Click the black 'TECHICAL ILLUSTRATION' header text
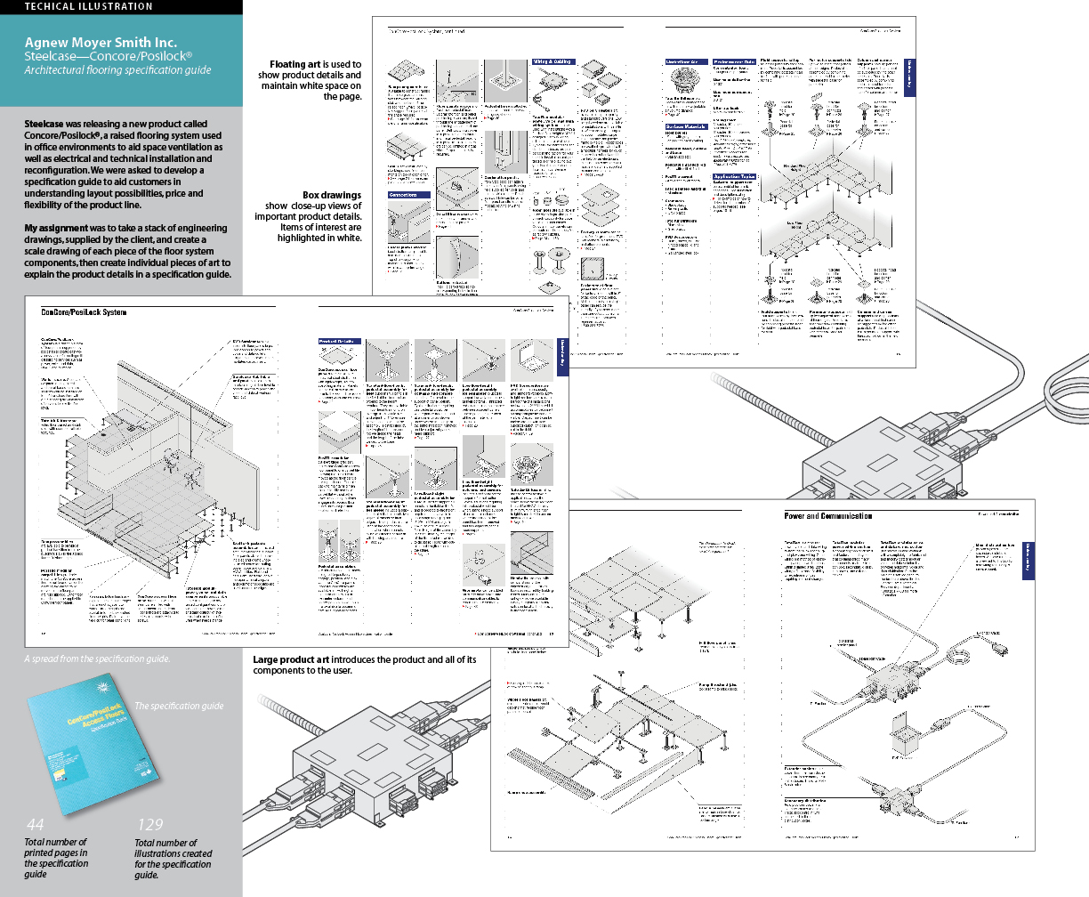pyautogui.click(x=88, y=7)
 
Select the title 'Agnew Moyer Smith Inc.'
pyautogui.click(x=101, y=42)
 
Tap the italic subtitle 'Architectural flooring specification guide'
pyautogui.click(x=117, y=70)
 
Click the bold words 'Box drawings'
pyautogui.click(x=331, y=195)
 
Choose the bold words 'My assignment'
pyautogui.click(x=56, y=229)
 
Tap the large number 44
pyautogui.click(x=36, y=824)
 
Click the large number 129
pyautogui.click(x=150, y=824)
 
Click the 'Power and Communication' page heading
pyautogui.click(x=827, y=516)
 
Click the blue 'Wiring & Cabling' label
pyautogui.click(x=553, y=62)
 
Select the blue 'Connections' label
pyautogui.click(x=409, y=194)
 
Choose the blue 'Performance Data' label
pyautogui.click(x=734, y=62)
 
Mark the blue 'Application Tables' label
pyautogui.click(x=734, y=177)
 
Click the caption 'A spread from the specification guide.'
pyautogui.click(x=97, y=659)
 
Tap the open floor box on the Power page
pyautogui.click(x=905, y=742)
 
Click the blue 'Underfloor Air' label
pyautogui.click(x=686, y=62)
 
